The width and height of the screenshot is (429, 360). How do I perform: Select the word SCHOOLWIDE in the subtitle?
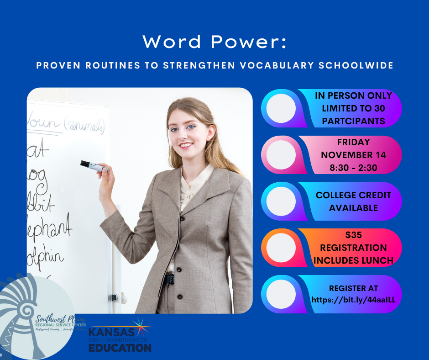(357, 65)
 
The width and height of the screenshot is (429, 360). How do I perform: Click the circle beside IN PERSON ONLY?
(281, 108)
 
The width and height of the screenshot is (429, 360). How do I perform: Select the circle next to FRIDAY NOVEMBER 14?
(281, 154)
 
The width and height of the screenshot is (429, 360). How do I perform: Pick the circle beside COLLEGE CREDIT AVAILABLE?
(281, 201)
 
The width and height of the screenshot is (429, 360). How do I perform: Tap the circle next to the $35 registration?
(281, 248)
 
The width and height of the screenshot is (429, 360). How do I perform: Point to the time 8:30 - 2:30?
(354, 167)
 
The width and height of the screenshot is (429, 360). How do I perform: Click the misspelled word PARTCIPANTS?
(353, 121)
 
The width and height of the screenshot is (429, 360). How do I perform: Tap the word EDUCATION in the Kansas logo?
(120, 347)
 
